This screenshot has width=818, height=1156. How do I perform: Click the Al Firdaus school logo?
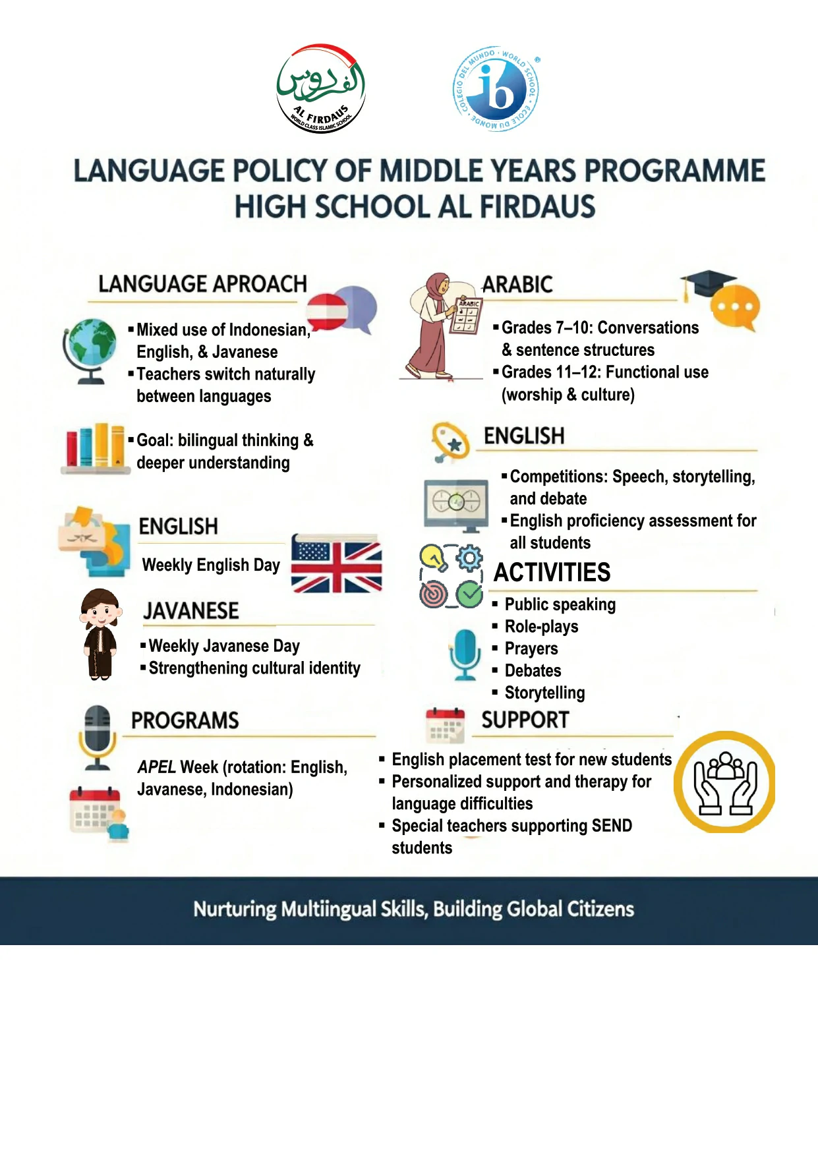(321, 88)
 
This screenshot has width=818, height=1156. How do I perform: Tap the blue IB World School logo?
(496, 88)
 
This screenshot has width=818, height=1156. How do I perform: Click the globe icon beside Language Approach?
(90, 350)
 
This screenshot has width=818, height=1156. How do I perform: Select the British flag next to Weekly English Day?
(337, 564)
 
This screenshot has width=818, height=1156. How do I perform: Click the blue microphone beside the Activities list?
(465, 653)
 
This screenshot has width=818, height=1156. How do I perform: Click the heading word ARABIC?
(518, 285)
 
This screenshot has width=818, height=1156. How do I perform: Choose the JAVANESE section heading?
(191, 611)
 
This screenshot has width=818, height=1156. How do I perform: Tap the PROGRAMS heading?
(185, 720)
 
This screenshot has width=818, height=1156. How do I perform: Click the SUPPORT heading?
(525, 720)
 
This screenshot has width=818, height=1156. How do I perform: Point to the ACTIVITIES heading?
(552, 572)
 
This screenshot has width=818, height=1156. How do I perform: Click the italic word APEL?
(156, 767)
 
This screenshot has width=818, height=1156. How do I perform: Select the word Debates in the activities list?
(533, 671)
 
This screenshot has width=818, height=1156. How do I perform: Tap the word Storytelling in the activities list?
(545, 693)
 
